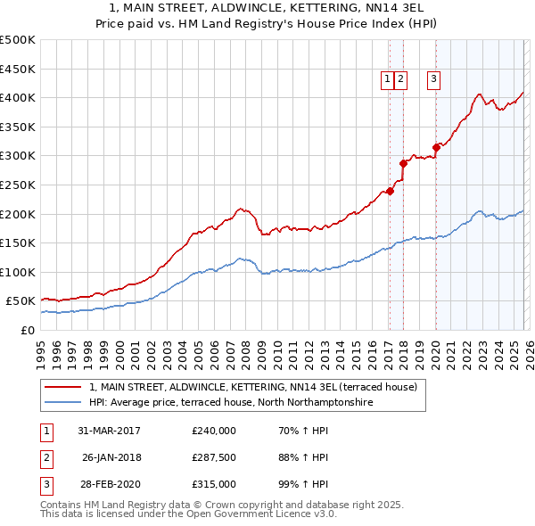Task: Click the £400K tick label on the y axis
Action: tap(18, 97)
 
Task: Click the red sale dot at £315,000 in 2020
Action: tap(436, 147)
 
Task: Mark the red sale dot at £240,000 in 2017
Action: tap(390, 191)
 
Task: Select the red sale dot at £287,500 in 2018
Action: tap(403, 163)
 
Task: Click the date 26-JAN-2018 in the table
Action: tap(111, 457)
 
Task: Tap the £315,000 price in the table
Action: tap(214, 484)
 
